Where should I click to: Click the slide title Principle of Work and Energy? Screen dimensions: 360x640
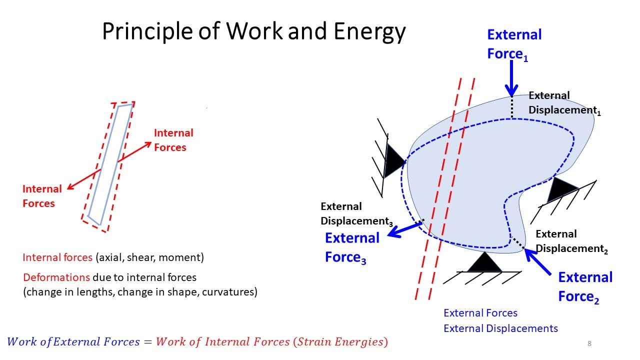(253, 32)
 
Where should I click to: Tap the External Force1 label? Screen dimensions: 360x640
(514, 44)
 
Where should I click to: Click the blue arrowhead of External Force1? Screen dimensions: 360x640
(511, 90)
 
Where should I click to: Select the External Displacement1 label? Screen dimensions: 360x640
(564, 103)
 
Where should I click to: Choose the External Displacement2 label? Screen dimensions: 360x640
(571, 241)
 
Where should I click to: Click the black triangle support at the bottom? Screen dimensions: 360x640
(484, 263)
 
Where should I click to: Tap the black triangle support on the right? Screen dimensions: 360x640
(562, 190)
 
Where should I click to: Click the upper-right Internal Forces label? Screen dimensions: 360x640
(173, 140)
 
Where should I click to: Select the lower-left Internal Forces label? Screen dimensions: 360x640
(42, 196)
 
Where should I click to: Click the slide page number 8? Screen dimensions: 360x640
(589, 343)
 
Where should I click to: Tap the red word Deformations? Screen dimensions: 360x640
(56, 277)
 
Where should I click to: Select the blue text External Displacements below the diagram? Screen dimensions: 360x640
(500, 328)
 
